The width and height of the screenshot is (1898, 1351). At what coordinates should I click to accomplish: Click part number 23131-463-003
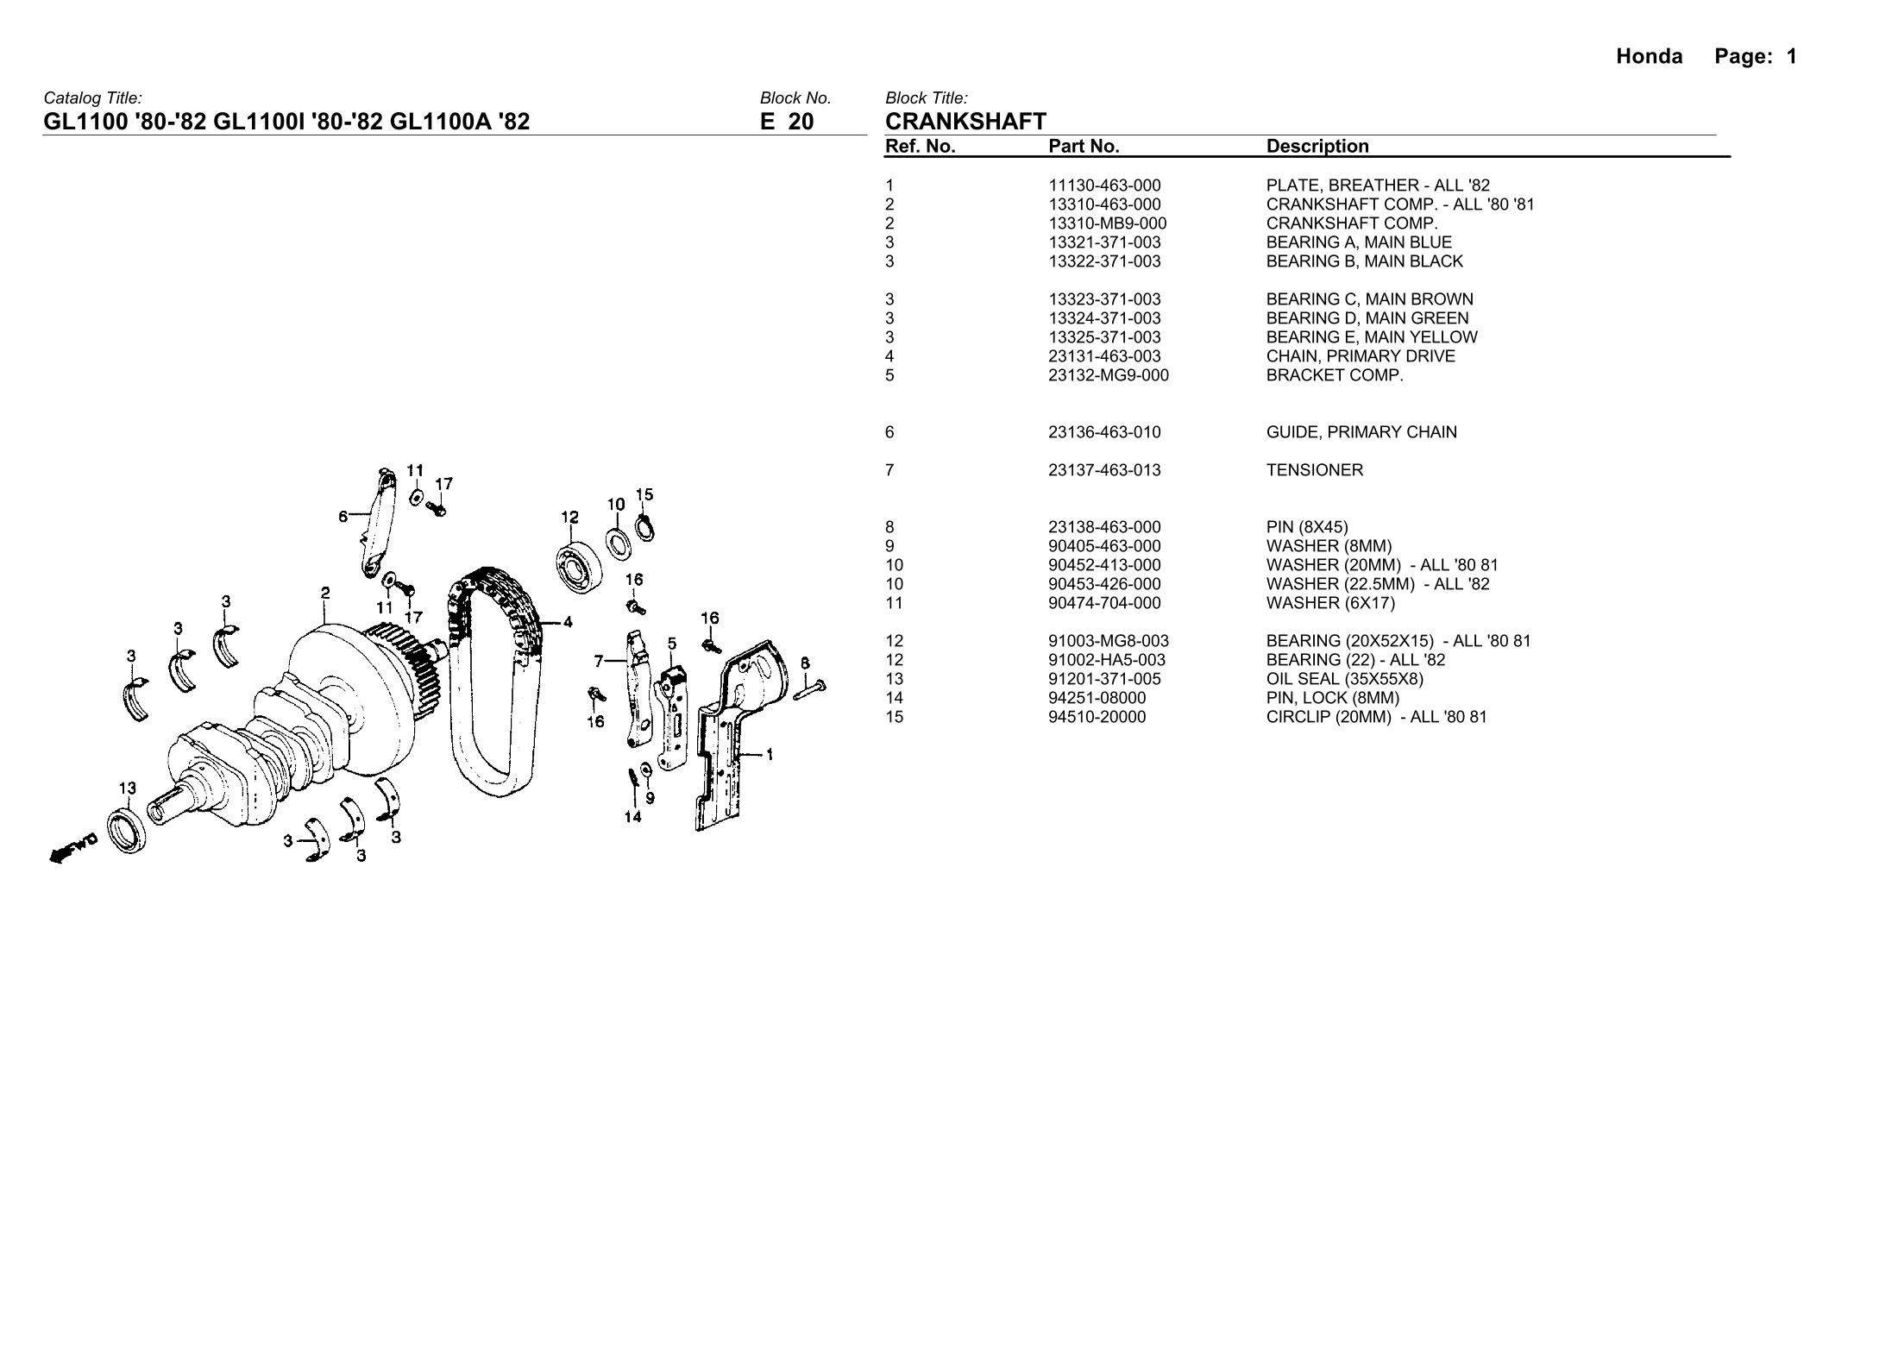[x=1104, y=356]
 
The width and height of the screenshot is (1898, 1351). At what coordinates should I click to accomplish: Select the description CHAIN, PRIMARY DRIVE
[x=1361, y=356]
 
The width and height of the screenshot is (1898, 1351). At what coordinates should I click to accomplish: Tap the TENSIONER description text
[x=1315, y=470]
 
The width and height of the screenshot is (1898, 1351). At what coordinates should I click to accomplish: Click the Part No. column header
[x=1084, y=147]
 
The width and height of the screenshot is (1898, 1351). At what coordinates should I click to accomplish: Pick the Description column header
[x=1317, y=147]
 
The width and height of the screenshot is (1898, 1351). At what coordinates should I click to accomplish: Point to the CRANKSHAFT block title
[x=965, y=122]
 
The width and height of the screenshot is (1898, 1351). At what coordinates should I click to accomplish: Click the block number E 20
[x=787, y=122]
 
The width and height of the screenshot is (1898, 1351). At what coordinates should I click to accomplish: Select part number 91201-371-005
[x=1104, y=679]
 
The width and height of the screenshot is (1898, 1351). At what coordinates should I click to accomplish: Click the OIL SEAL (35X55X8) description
[x=1345, y=679]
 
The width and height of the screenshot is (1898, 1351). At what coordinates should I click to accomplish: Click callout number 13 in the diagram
[x=127, y=788]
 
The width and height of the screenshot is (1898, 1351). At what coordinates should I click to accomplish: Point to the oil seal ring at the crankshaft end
[x=128, y=830]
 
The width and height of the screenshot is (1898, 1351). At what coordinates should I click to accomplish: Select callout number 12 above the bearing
[x=569, y=518]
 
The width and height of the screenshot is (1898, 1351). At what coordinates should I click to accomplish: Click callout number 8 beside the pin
[x=805, y=663]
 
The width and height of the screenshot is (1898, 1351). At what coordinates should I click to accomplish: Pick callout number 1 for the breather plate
[x=770, y=756]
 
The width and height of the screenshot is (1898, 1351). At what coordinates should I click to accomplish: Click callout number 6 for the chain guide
[x=343, y=517]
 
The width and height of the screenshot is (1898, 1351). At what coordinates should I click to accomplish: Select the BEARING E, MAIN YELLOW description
[x=1372, y=337]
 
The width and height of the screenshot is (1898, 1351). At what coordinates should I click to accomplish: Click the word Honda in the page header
[x=1649, y=57]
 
